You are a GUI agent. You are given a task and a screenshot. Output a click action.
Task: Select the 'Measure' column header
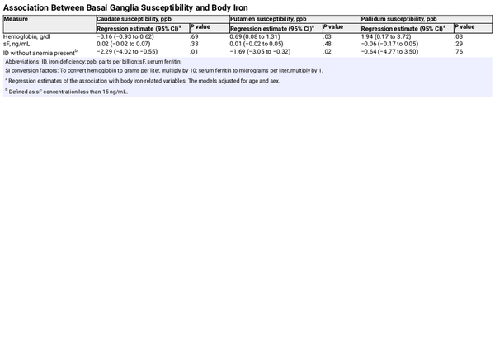click(16, 18)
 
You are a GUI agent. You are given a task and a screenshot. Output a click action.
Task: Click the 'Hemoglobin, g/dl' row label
click(28, 36)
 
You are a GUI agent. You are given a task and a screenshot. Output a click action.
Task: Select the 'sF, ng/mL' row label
click(17, 44)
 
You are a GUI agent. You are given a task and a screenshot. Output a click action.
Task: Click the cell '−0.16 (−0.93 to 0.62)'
click(125, 36)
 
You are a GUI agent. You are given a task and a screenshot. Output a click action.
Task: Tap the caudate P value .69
click(194, 36)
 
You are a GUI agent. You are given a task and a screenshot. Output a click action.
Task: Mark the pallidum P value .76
click(458, 52)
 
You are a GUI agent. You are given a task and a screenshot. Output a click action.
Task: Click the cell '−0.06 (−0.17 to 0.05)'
click(389, 44)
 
